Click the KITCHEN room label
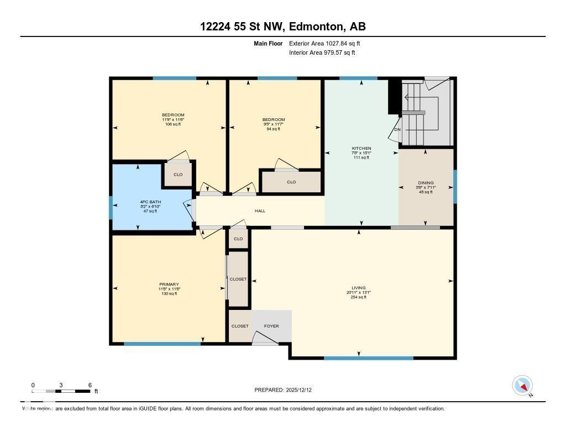[361, 148]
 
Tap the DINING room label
[426, 183]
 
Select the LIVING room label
[359, 288]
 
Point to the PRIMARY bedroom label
[169, 285]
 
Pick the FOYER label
[271, 326]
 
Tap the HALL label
[260, 210]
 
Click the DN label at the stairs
[397, 130]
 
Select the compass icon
[522, 385]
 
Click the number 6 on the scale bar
[90, 385]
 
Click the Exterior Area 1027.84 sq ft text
[324, 43]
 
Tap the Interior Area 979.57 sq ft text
[322, 53]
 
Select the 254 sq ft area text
[359, 297]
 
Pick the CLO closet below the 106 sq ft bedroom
[178, 175]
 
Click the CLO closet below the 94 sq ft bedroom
[291, 182]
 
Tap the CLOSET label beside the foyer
[240, 326]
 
